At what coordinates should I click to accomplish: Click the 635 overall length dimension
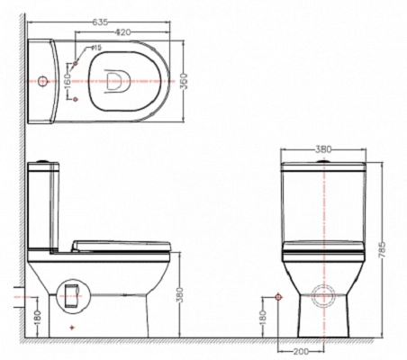point(100,22)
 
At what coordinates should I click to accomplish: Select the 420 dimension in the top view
point(123,32)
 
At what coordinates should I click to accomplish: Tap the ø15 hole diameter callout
point(96,48)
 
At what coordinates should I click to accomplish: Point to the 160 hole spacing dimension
point(68,81)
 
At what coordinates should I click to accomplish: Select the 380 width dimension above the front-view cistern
point(323,149)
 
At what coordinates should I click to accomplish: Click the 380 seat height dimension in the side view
point(179,295)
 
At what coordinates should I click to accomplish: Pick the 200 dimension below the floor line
point(301,351)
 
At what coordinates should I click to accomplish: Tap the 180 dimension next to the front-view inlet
point(262,318)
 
